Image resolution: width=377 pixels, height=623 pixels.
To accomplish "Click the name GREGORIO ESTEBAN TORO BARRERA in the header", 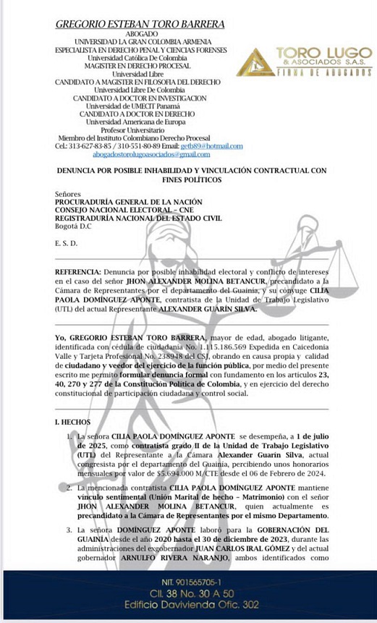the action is coord(140,24).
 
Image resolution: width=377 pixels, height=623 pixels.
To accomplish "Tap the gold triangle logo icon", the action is coord(255,62).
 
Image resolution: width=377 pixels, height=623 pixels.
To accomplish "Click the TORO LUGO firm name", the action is coord(323,54).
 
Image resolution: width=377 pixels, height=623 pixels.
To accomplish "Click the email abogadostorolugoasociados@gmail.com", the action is coord(132,154).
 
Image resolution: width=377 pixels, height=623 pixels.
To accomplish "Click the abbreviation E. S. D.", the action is coord(65,243).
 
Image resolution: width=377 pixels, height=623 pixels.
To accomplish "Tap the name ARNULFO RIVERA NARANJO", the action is coord(144,558).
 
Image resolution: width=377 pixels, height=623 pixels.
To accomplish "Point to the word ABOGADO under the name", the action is coord(140,34).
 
